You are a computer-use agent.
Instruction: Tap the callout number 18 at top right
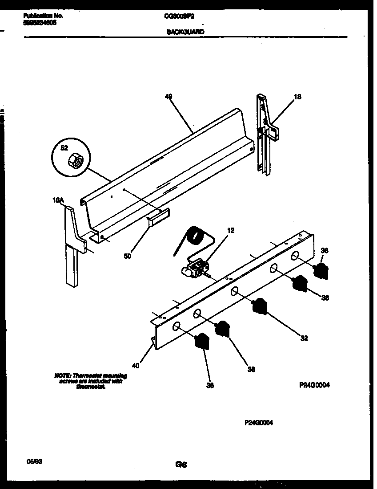[298, 97]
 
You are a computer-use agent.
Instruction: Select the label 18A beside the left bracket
[58, 201]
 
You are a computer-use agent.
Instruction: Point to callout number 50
[128, 256]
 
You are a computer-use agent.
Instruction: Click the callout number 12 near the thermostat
[231, 230]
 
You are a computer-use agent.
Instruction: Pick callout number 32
[304, 338]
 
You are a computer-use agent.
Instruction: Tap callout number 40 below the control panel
[136, 366]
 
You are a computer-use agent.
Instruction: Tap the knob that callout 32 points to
[259, 307]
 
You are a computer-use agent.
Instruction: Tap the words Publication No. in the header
[42, 16]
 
